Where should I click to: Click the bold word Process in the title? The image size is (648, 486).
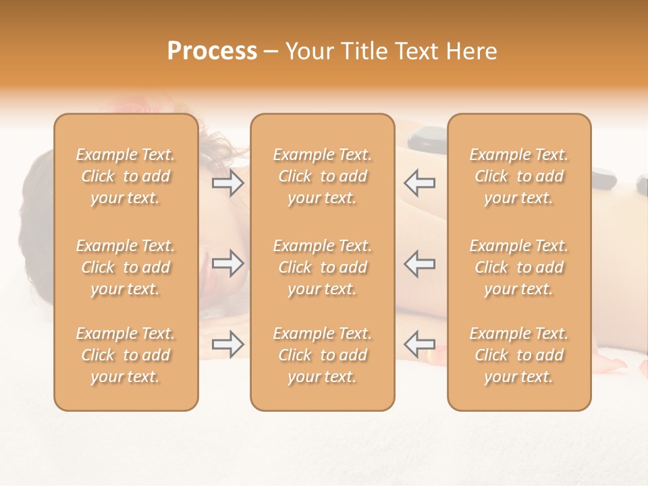(x=212, y=51)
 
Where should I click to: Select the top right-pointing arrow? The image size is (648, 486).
(x=227, y=183)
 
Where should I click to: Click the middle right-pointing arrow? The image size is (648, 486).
(x=227, y=263)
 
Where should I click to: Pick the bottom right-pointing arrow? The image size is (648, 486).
(x=227, y=344)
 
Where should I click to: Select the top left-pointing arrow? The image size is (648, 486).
(x=419, y=183)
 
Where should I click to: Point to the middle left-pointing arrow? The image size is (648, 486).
(x=419, y=263)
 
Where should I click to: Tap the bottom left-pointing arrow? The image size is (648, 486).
(x=419, y=344)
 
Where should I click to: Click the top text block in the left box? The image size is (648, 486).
(x=126, y=176)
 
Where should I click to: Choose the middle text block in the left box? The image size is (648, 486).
(x=126, y=267)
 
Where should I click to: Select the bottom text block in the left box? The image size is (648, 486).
(x=126, y=355)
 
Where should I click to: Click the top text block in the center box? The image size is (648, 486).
(x=323, y=176)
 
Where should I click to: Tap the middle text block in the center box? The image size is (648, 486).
(x=323, y=267)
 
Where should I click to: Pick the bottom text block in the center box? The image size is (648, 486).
(x=323, y=355)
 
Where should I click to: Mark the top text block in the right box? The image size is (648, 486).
(x=519, y=176)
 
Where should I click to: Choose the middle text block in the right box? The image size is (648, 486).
(x=519, y=267)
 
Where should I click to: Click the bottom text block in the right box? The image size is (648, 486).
(x=519, y=355)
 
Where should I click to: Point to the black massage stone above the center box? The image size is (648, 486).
(x=425, y=137)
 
